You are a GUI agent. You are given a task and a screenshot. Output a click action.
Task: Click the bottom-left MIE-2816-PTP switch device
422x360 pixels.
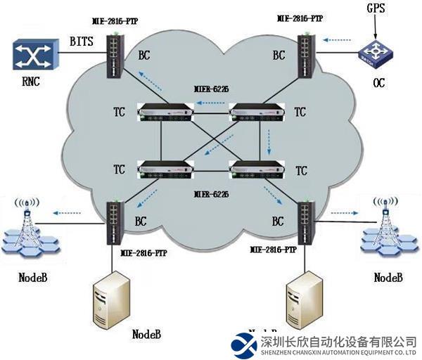point(113,223)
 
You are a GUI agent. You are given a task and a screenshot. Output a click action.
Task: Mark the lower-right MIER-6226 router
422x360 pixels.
point(254,170)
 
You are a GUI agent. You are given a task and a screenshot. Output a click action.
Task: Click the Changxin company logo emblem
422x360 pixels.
point(244,343)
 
